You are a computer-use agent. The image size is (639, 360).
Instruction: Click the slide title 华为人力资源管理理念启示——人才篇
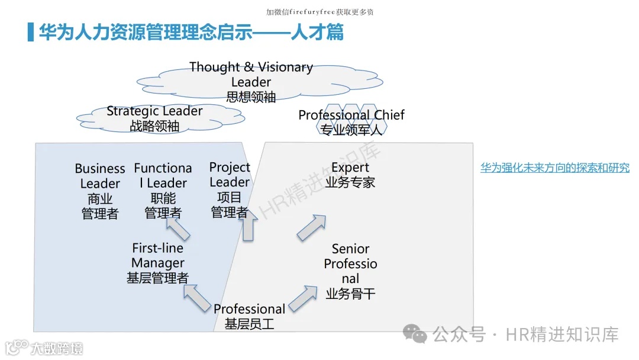191,32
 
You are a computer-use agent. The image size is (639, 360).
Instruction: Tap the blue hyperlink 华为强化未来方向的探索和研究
554,168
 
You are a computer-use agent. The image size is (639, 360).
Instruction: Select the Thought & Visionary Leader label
251,82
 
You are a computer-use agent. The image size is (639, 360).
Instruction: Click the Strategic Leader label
154,118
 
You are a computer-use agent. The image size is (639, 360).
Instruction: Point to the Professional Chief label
351,122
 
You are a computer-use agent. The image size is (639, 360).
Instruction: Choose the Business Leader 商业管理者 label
100,191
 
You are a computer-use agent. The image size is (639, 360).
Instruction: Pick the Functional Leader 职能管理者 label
163,191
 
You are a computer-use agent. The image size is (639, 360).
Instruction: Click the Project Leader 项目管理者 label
230,189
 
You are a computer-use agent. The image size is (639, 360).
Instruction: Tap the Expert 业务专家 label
350,175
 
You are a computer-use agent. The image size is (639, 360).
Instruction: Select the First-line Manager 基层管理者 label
158,263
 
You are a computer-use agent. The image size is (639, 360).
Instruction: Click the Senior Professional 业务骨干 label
350,271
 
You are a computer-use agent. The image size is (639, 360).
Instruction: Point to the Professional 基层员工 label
249,316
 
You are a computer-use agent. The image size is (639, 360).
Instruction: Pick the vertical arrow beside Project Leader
248,224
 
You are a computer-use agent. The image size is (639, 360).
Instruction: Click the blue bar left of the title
31,32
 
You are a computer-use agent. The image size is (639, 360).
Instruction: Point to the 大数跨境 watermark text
57,348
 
